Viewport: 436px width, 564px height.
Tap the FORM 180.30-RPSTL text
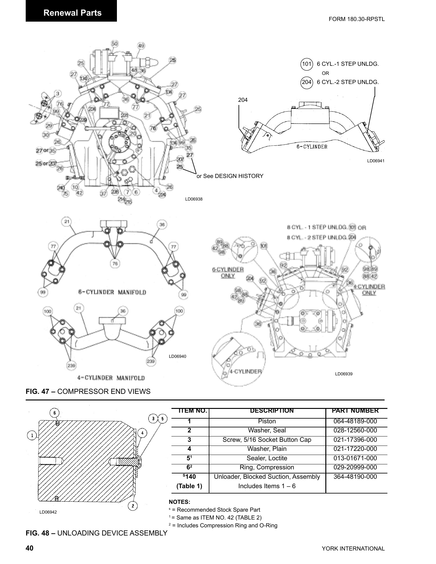[356, 19]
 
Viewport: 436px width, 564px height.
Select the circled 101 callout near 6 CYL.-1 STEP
[307, 64]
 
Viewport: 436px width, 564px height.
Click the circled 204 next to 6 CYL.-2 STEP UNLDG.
[307, 82]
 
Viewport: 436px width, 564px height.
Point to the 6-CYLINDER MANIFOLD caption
[112, 292]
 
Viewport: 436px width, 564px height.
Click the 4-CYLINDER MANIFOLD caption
[111, 378]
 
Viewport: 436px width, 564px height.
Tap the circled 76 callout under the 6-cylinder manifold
[115, 264]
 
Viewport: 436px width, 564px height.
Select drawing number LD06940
[177, 356]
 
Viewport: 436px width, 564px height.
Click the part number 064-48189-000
[355, 421]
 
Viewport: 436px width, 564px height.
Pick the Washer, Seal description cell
[267, 431]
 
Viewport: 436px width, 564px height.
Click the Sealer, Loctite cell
[267, 458]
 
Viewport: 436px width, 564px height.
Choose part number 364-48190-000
[355, 477]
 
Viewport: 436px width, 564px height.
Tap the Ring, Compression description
[267, 467]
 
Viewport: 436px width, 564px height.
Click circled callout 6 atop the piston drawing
[55, 413]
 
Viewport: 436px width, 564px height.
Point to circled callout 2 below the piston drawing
[133, 506]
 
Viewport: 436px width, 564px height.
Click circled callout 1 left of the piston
[32, 435]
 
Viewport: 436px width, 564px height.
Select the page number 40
[29, 548]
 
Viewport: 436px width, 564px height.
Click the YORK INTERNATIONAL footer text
[353, 549]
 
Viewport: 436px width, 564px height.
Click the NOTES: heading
[179, 502]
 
